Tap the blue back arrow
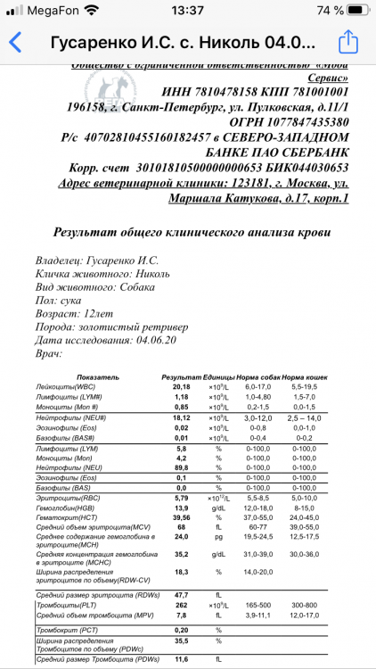tap(15, 43)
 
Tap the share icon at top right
tap(347, 42)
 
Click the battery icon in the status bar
tap(355, 10)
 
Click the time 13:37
tap(187, 10)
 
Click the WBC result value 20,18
tap(181, 386)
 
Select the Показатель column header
tap(73, 377)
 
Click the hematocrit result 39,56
tap(181, 516)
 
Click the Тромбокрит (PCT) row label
tap(64, 629)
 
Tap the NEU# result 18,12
tap(181, 417)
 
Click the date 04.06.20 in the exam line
tap(158, 340)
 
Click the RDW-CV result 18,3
tap(181, 572)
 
